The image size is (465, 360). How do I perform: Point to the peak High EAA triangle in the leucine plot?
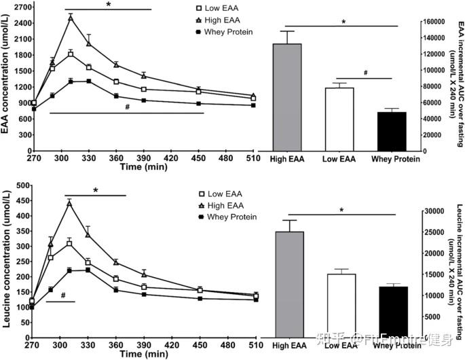point(69,202)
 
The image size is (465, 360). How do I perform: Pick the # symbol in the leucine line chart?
point(62,295)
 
